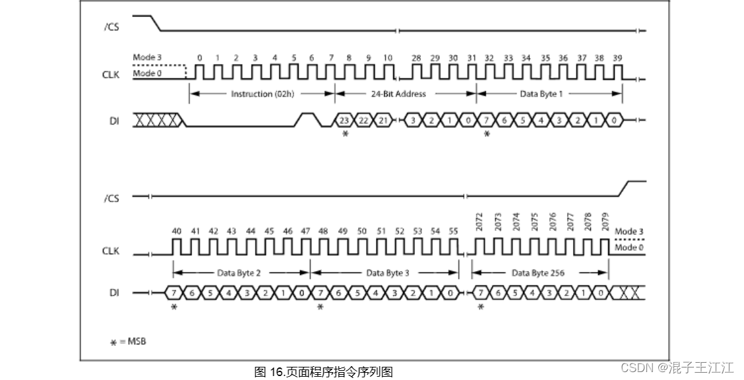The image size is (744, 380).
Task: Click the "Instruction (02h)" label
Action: (x=261, y=94)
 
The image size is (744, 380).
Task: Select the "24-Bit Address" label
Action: (x=398, y=94)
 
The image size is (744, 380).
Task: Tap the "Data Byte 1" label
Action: (x=542, y=94)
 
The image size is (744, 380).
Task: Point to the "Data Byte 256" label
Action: (x=538, y=272)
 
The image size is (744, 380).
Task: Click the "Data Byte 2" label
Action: (x=239, y=272)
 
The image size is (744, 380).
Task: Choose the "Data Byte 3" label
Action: (x=388, y=272)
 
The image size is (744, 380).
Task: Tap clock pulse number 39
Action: (x=617, y=58)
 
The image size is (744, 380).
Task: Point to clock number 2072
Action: (x=480, y=221)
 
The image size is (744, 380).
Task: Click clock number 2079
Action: (x=605, y=221)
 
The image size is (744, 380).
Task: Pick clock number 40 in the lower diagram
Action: (x=177, y=232)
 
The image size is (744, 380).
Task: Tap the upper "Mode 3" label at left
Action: (x=147, y=57)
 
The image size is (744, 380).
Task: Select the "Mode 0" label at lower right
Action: (x=626, y=247)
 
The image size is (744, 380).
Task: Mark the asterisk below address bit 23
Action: (x=344, y=134)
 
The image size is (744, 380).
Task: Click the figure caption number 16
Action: (x=278, y=372)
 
